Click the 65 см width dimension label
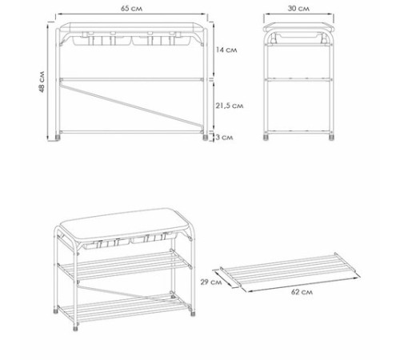(131, 9)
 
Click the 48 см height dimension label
(42, 82)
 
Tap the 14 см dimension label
(226, 50)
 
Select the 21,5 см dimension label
(230, 106)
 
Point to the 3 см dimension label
(224, 138)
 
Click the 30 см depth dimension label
(298, 9)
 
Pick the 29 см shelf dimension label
(211, 282)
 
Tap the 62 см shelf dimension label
(302, 292)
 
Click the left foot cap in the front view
(58, 138)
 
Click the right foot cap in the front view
(205, 138)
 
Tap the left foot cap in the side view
(266, 138)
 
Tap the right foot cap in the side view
(331, 138)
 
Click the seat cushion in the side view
(298, 27)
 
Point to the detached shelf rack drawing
(287, 270)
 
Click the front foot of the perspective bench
(76, 327)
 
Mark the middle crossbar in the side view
(298, 79)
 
